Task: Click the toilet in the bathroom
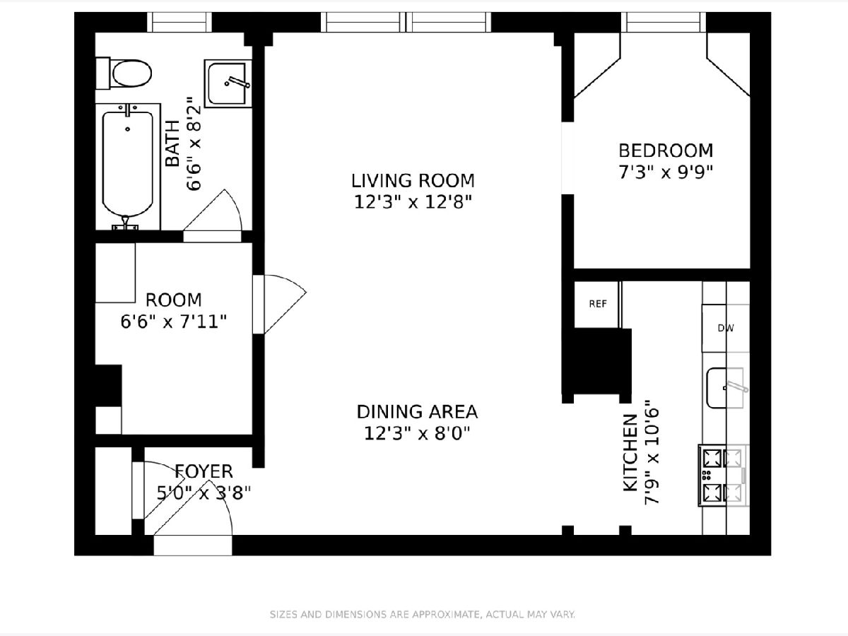pyautogui.click(x=124, y=73)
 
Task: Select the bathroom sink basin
pyautogui.click(x=228, y=83)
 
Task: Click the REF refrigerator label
pyautogui.click(x=598, y=304)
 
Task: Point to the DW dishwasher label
pyautogui.click(x=726, y=328)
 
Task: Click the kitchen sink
pyautogui.click(x=725, y=388)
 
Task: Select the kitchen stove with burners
pyautogui.click(x=723, y=476)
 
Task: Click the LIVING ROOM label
pyautogui.click(x=413, y=181)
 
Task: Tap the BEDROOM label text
pyautogui.click(x=666, y=151)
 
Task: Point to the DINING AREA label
pyautogui.click(x=417, y=412)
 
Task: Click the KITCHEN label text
pyautogui.click(x=630, y=454)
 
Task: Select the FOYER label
pyautogui.click(x=204, y=471)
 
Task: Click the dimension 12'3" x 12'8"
pyautogui.click(x=413, y=202)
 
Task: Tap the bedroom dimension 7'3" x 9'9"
pyautogui.click(x=666, y=172)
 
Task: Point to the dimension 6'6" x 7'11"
pyautogui.click(x=173, y=322)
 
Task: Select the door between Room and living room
pyautogui.click(x=279, y=305)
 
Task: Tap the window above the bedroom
pyautogui.click(x=664, y=22)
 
